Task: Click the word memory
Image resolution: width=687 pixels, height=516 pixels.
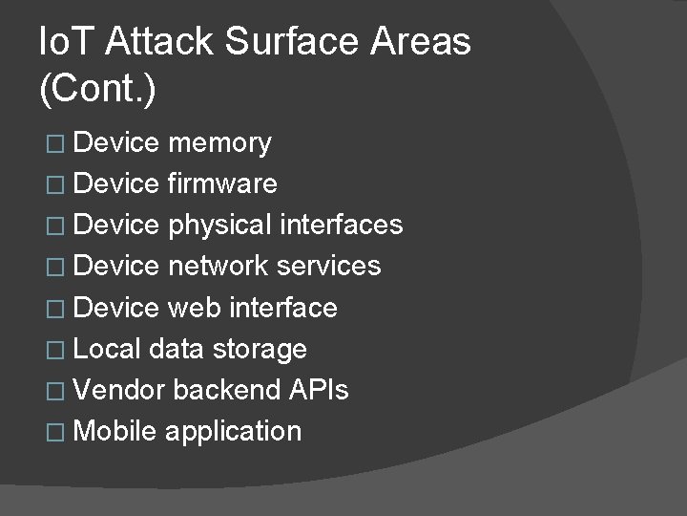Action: coord(219,143)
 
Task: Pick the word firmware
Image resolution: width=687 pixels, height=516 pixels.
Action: coord(222,183)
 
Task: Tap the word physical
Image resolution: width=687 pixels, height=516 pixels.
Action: coord(219,226)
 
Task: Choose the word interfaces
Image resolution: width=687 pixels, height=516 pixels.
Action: coord(342,225)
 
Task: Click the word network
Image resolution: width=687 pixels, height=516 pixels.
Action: coord(218,266)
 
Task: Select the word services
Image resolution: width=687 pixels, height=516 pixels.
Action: coord(328,266)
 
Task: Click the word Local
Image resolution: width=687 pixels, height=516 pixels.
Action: coord(107,349)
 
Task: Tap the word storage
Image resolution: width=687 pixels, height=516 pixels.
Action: coord(260,349)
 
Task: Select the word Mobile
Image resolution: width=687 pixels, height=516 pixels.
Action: coord(114,431)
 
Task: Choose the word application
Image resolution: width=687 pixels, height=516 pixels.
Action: coord(233,432)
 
